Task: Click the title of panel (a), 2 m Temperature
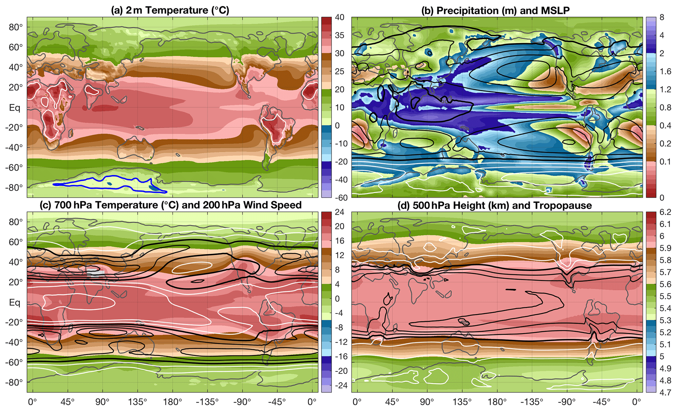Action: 170,10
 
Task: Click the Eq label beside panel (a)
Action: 14,107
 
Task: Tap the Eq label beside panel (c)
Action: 14,302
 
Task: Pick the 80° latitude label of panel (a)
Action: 16,27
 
